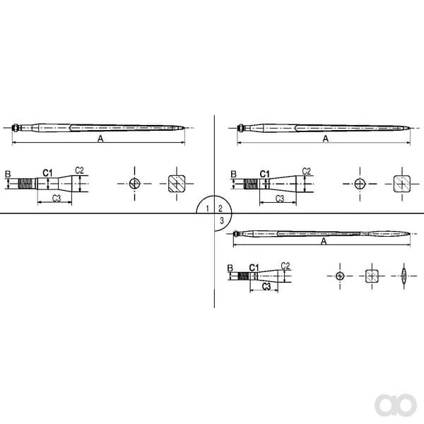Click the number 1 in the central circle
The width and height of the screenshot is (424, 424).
tap(207, 208)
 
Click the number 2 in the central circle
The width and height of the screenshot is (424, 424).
tap(220, 208)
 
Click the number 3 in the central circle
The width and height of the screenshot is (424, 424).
tap(222, 220)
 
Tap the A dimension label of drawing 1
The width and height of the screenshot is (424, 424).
tap(100, 139)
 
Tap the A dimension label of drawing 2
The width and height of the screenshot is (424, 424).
tap(326, 139)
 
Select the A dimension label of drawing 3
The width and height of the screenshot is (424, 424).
tap(324, 241)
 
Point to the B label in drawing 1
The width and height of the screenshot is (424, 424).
tap(8, 174)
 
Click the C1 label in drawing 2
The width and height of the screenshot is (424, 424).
tap(265, 174)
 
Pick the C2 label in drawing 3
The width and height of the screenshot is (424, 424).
tap(285, 266)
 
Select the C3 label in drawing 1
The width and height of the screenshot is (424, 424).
tap(57, 198)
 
